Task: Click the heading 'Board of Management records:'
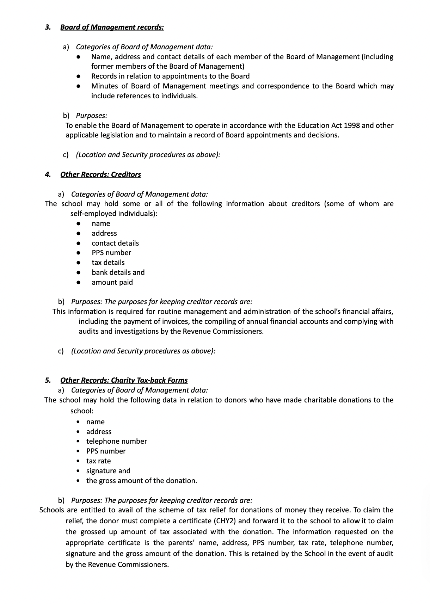(x=112, y=27)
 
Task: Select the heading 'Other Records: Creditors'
(x=100, y=174)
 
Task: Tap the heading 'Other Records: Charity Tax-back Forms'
(x=124, y=380)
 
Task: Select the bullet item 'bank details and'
(x=118, y=272)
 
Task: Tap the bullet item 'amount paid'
(x=112, y=282)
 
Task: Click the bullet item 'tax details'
(x=108, y=263)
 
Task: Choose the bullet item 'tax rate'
(x=98, y=461)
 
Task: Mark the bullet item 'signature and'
(x=108, y=471)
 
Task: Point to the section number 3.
(x=47, y=27)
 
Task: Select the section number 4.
(x=47, y=174)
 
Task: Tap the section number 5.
(x=47, y=380)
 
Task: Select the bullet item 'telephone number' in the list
(x=116, y=441)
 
